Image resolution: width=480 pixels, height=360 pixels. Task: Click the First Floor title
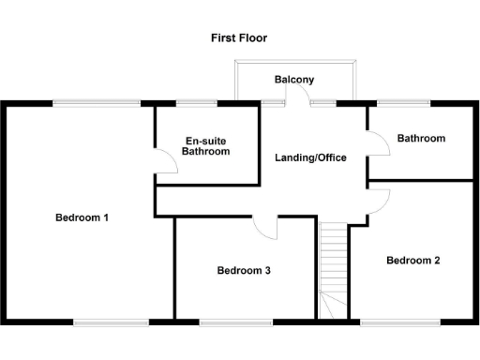tap(239, 38)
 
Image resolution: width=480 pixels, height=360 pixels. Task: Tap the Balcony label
tap(293, 81)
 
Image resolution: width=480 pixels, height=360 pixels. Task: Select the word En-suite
tap(205, 141)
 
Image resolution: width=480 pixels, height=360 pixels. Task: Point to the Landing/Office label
tap(310, 157)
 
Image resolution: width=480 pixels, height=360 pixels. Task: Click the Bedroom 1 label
tap(82, 217)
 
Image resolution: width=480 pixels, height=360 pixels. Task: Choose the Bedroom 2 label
tap(412, 261)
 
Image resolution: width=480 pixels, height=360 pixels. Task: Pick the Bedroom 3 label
tap(244, 271)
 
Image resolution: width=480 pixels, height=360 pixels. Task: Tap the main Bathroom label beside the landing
tap(421, 138)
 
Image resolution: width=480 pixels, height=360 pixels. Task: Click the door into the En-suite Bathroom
tap(166, 163)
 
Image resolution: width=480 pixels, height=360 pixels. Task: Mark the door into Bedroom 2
tap(378, 197)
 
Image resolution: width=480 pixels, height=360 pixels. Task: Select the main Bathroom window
tap(403, 101)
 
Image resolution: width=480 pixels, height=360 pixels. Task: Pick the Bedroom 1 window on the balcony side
tap(97, 101)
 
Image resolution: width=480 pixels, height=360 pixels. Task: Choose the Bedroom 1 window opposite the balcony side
tap(111, 322)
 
